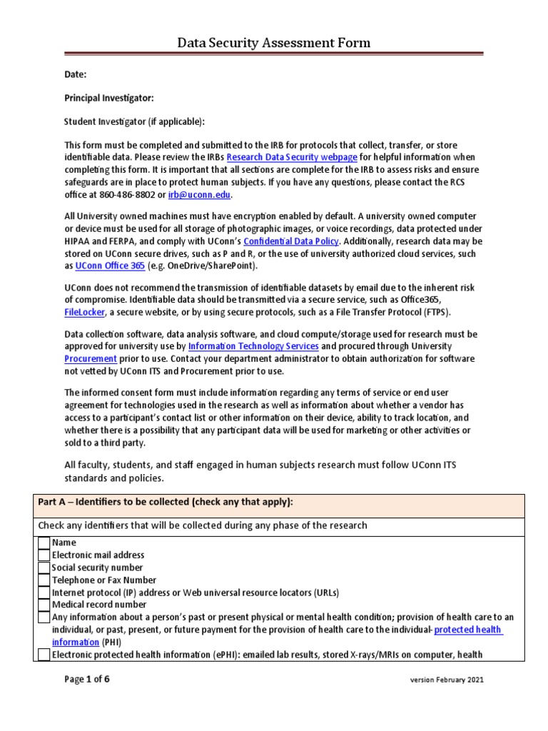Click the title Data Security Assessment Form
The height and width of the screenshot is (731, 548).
click(274, 44)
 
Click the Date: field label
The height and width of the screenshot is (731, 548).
click(76, 74)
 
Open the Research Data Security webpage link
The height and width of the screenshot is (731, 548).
click(291, 157)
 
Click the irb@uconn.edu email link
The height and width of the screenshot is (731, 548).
click(200, 195)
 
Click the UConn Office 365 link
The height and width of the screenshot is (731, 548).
click(110, 266)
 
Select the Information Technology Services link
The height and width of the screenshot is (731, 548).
click(243, 346)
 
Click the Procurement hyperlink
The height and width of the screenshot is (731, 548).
click(91, 358)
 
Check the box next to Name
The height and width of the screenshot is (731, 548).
click(44, 543)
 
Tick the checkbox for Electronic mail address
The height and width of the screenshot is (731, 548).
click(44, 555)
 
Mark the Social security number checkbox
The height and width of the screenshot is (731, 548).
click(44, 568)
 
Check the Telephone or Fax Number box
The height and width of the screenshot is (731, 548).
click(44, 580)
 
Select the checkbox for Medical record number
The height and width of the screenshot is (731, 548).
click(44, 605)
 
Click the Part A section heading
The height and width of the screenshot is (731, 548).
click(165, 502)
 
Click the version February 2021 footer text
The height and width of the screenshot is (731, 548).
click(447, 680)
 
